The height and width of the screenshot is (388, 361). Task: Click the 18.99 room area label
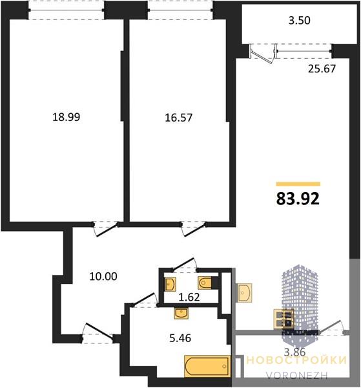point(67,117)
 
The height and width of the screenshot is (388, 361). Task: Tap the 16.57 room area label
point(178,118)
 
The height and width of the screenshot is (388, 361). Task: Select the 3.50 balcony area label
point(300,20)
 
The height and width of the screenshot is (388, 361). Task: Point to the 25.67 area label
point(322,69)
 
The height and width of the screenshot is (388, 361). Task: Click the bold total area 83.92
point(298,199)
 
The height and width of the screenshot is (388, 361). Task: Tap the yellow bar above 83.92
point(298,184)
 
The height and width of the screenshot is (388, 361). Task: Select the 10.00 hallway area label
point(103,276)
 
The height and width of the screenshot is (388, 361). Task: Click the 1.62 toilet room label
point(189,297)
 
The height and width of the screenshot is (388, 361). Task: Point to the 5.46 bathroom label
point(180,338)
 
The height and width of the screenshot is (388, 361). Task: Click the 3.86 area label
point(294,352)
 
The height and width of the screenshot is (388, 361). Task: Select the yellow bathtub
point(207,367)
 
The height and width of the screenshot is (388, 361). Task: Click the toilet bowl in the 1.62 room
point(205,283)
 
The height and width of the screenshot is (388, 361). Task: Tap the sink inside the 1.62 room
point(170,284)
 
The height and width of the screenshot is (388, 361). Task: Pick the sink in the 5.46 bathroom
point(181,314)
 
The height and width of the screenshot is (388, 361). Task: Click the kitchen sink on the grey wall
point(245,292)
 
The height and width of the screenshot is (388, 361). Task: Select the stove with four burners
point(284,319)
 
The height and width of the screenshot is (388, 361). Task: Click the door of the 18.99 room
point(106,230)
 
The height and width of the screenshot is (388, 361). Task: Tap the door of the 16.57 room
point(194,230)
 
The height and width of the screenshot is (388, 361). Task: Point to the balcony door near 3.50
point(263,54)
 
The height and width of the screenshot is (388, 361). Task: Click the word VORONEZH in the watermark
point(297,375)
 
